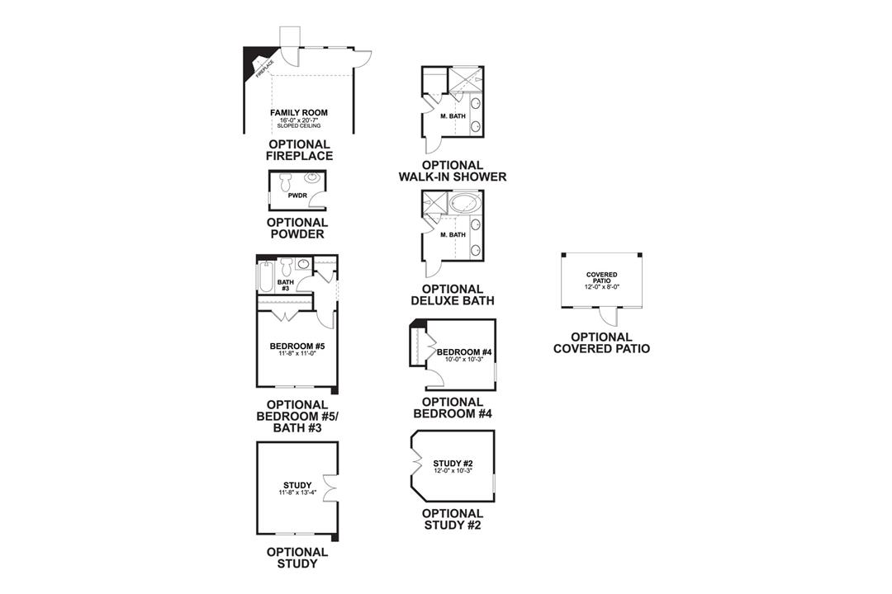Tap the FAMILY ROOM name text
[298, 112]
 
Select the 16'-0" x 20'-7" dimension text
[298, 120]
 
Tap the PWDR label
[298, 197]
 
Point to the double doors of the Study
[330, 488]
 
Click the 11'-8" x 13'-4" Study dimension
[297, 493]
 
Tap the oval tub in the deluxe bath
[463, 203]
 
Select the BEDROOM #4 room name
[464, 352]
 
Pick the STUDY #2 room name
[453, 464]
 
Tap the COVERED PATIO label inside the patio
[602, 277]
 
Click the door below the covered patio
[609, 316]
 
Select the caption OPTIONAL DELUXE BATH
[453, 295]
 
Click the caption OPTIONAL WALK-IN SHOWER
[453, 171]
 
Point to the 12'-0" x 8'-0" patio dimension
[602, 287]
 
